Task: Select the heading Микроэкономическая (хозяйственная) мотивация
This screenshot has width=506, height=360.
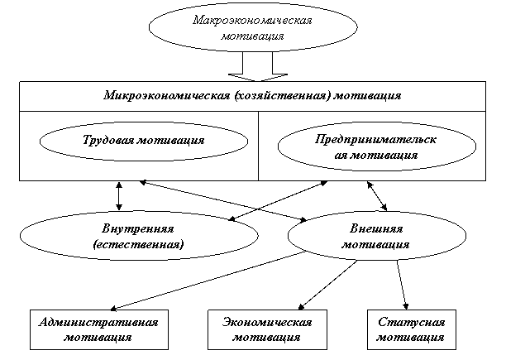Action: pos(253,96)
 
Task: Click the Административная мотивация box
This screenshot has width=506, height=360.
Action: pos(98,329)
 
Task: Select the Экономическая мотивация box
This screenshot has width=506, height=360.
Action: pos(267,329)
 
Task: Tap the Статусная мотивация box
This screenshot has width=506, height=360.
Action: pos(411,329)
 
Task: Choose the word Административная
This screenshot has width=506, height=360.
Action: pos(98,322)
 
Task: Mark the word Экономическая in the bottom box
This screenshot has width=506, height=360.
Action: pos(267,322)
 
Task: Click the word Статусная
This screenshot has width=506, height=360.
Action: pos(411,322)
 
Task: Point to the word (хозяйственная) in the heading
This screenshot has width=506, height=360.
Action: pos(282,96)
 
